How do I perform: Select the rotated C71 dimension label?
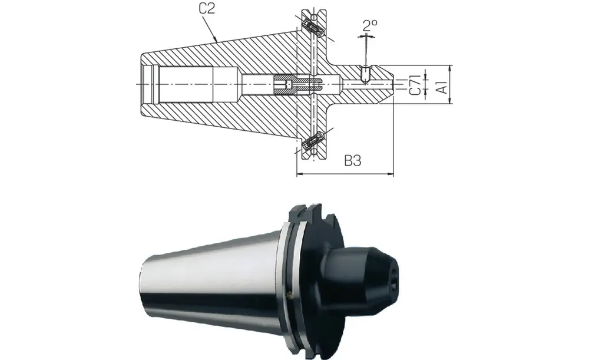pyautogui.click(x=415, y=85)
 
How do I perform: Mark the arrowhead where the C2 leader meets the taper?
pyautogui.click(x=219, y=41)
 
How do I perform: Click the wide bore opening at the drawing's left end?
pyautogui.click(x=151, y=85)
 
